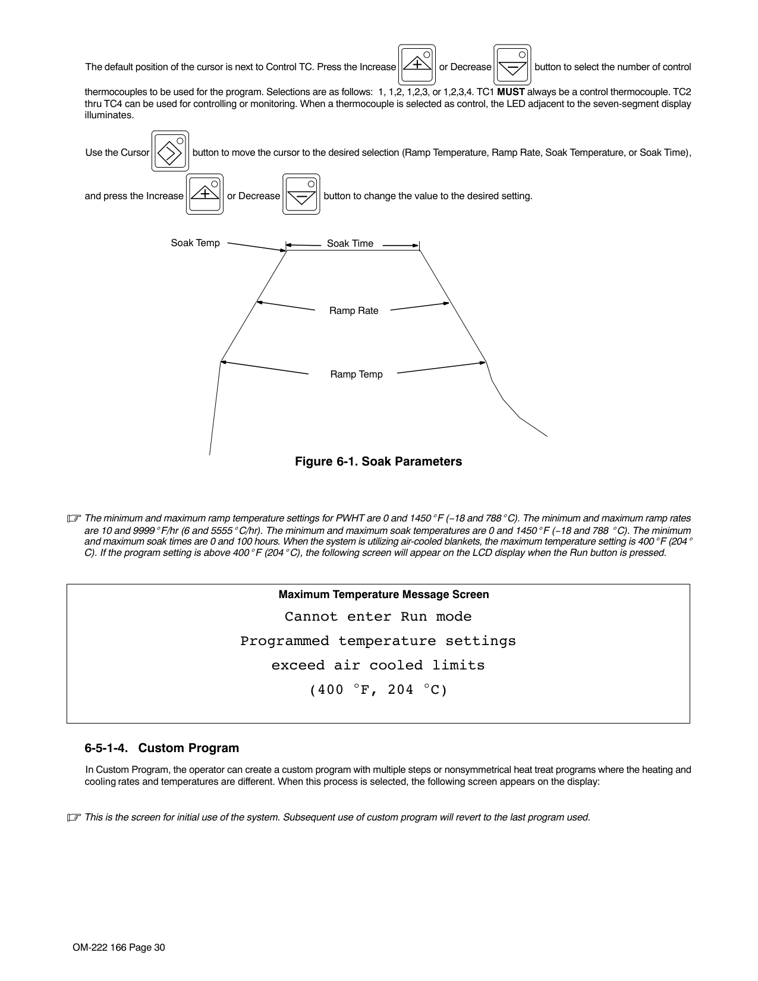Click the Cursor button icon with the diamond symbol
[x=170, y=152]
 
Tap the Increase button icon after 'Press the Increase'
[x=417, y=65]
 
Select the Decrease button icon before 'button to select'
[x=512, y=65]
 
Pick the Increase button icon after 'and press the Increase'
[x=205, y=194]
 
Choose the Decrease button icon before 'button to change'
[x=301, y=194]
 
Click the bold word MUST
[x=511, y=92]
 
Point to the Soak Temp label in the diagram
[x=195, y=243]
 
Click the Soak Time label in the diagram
[x=350, y=243]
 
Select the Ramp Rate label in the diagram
[x=354, y=310]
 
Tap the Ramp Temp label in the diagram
[x=356, y=374]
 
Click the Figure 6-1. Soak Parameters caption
[x=378, y=461]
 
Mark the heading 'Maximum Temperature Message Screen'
[x=383, y=595]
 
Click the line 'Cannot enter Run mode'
[x=378, y=617]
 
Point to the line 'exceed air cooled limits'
[x=378, y=665]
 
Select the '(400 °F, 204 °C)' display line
[x=378, y=690]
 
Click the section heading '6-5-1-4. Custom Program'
[x=162, y=748]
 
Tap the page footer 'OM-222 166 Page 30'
[x=119, y=947]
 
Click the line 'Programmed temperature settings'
[x=378, y=641]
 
